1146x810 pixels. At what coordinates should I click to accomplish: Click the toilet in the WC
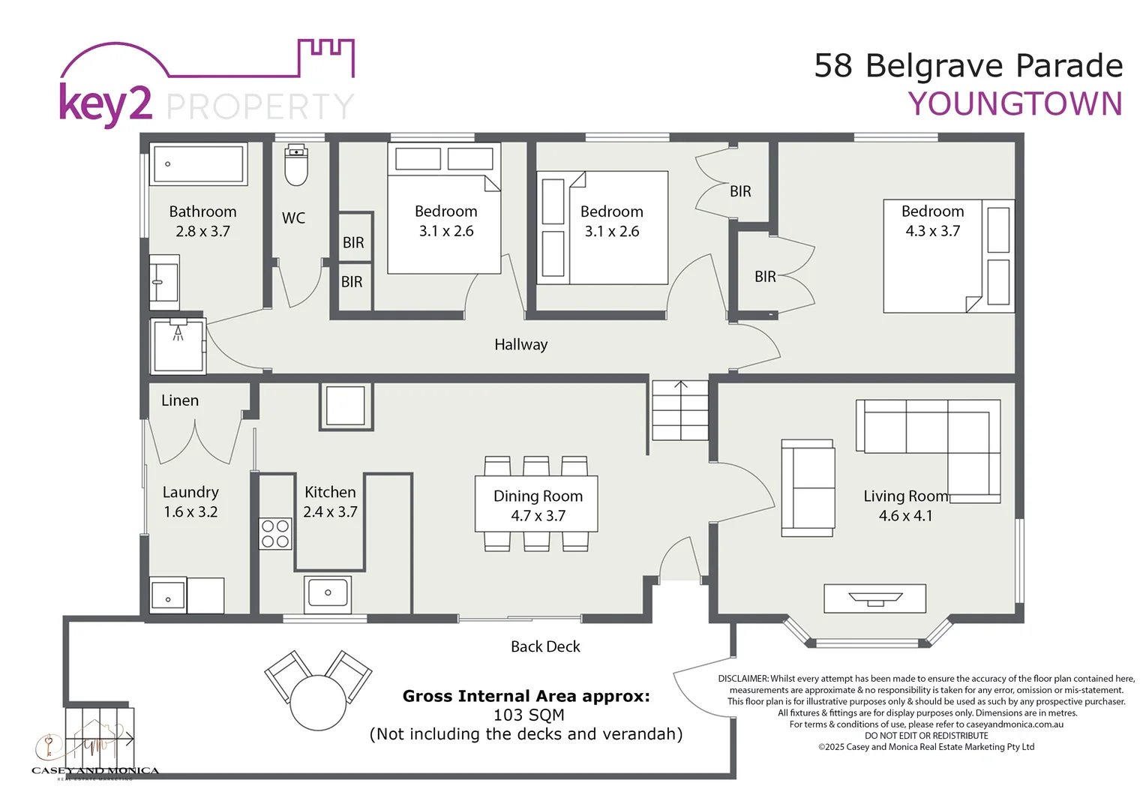pos(297,165)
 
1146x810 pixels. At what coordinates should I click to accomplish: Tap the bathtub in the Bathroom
pos(199,163)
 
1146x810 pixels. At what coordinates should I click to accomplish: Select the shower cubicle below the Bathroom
pos(178,346)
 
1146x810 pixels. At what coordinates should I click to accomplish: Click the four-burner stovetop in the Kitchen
pos(275,533)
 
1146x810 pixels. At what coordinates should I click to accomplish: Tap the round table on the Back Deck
pos(318,702)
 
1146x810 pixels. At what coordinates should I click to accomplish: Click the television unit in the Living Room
pos(874,598)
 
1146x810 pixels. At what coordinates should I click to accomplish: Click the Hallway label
pos(520,345)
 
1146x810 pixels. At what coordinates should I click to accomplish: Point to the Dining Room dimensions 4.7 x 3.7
pos(538,516)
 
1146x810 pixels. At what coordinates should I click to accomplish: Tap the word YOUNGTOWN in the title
pos(1015,104)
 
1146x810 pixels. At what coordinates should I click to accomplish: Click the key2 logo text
pos(105,104)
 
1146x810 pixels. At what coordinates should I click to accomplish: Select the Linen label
pos(180,400)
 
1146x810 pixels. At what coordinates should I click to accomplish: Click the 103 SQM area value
pos(529,715)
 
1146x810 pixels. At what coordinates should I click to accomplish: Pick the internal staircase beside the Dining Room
pos(679,410)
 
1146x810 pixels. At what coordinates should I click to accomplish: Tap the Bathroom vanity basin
pos(163,282)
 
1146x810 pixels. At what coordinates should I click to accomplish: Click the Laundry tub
pos(168,596)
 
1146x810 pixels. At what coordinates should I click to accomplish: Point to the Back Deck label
pos(545,646)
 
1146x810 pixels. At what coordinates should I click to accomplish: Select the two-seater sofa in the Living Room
pos(808,488)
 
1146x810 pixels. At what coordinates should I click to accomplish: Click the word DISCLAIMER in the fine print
pos(742,679)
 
